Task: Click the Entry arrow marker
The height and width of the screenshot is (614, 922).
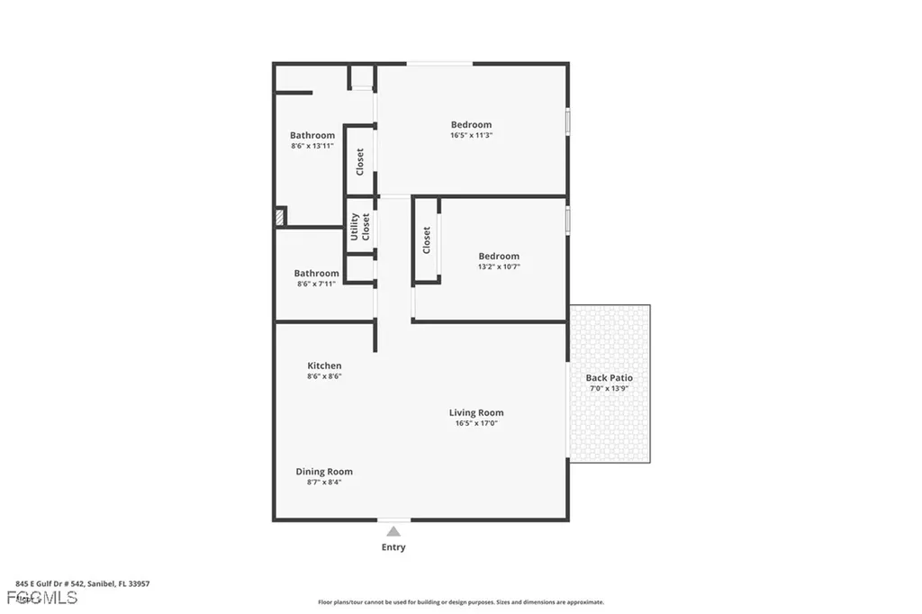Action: (393, 532)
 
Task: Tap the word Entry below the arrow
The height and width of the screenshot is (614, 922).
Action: (393, 547)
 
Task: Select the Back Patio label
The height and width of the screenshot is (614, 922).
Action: (610, 378)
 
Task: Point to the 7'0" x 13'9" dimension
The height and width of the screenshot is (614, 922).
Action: (610, 389)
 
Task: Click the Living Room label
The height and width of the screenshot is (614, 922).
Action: (476, 413)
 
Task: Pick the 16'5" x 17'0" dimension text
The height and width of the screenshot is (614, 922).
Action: (476, 423)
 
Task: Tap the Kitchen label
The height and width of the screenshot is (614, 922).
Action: (324, 366)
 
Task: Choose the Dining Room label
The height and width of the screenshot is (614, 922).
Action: (324, 472)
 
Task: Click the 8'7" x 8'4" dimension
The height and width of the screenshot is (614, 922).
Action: (324, 483)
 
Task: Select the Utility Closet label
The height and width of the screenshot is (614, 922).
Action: (360, 226)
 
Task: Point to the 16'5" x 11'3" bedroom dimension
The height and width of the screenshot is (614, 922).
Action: (471, 135)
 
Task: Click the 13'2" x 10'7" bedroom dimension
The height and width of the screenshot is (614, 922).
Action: (499, 266)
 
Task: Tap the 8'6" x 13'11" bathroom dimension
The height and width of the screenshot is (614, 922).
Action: (312, 146)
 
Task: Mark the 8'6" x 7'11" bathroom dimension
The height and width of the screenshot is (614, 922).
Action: (316, 284)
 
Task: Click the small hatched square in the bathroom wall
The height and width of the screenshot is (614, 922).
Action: (280, 217)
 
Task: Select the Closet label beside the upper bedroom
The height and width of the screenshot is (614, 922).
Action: (360, 161)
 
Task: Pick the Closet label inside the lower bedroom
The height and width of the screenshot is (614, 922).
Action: (427, 239)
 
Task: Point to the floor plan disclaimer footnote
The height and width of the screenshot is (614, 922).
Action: (460, 602)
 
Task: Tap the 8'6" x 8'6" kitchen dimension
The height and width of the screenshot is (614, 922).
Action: (324, 376)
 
